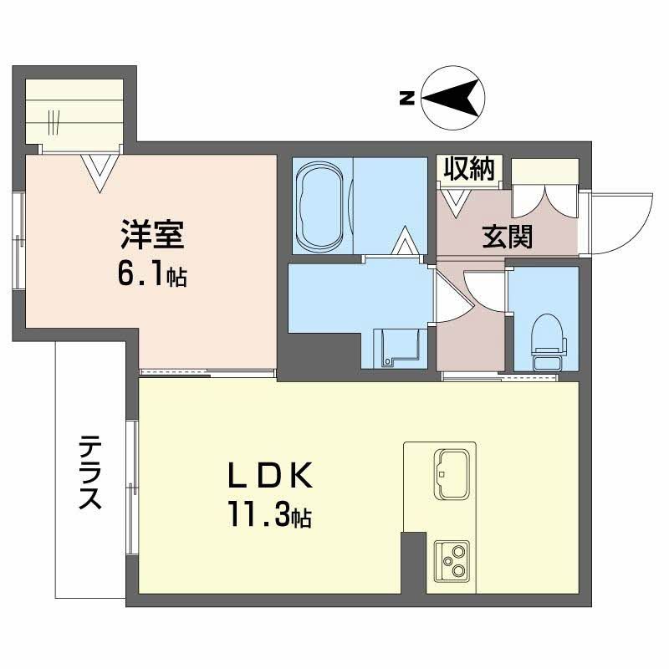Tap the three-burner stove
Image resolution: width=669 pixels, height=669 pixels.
click(452, 561)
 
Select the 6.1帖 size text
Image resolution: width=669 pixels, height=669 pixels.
click(151, 275)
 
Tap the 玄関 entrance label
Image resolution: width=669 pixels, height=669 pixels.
click(507, 237)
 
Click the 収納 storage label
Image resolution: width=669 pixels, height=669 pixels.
click(467, 169)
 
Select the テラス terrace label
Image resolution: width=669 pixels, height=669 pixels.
click(90, 472)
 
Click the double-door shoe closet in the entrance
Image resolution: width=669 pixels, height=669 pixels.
click(545, 202)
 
